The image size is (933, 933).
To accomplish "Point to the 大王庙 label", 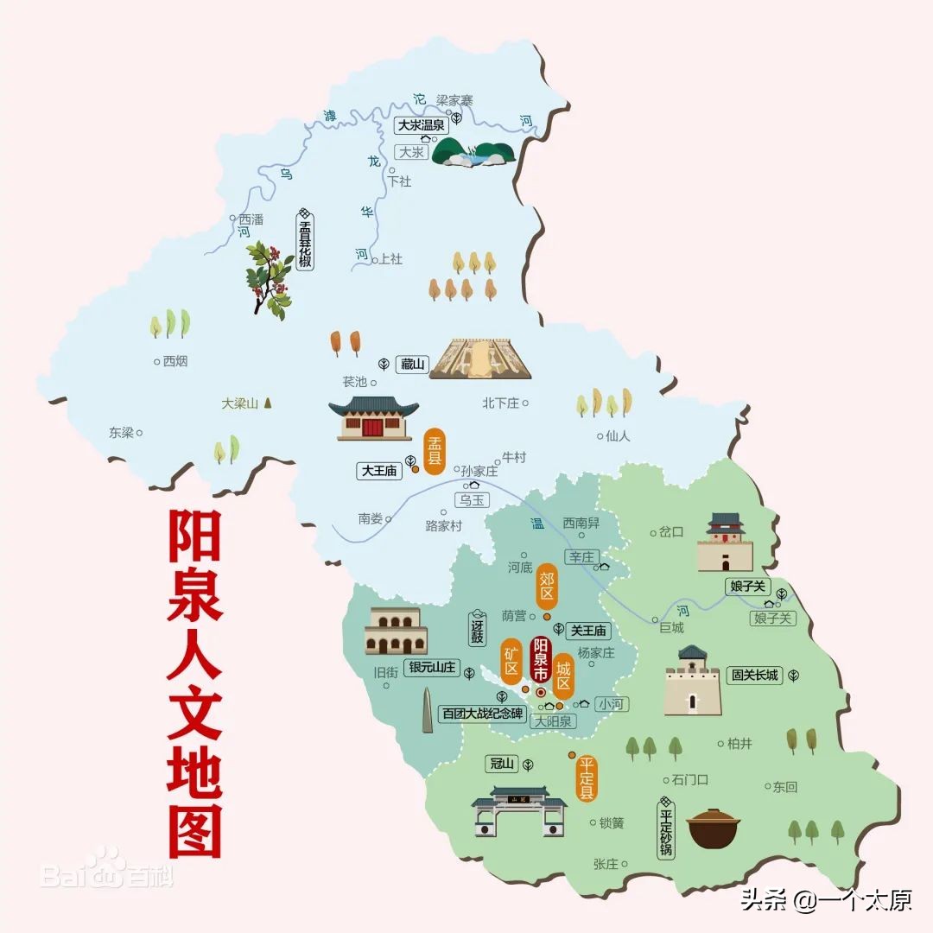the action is click(379, 471).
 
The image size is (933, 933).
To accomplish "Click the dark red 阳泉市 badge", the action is click(542, 661).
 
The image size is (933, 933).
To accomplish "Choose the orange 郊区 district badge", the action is click(546, 587).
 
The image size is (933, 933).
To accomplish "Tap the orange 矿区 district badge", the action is click(511, 661).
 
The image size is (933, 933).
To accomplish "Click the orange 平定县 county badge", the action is click(587, 778).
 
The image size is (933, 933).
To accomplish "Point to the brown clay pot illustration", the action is click(714, 830).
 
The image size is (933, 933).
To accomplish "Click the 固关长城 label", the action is click(755, 676).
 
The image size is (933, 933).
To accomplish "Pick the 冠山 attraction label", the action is click(502, 764).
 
